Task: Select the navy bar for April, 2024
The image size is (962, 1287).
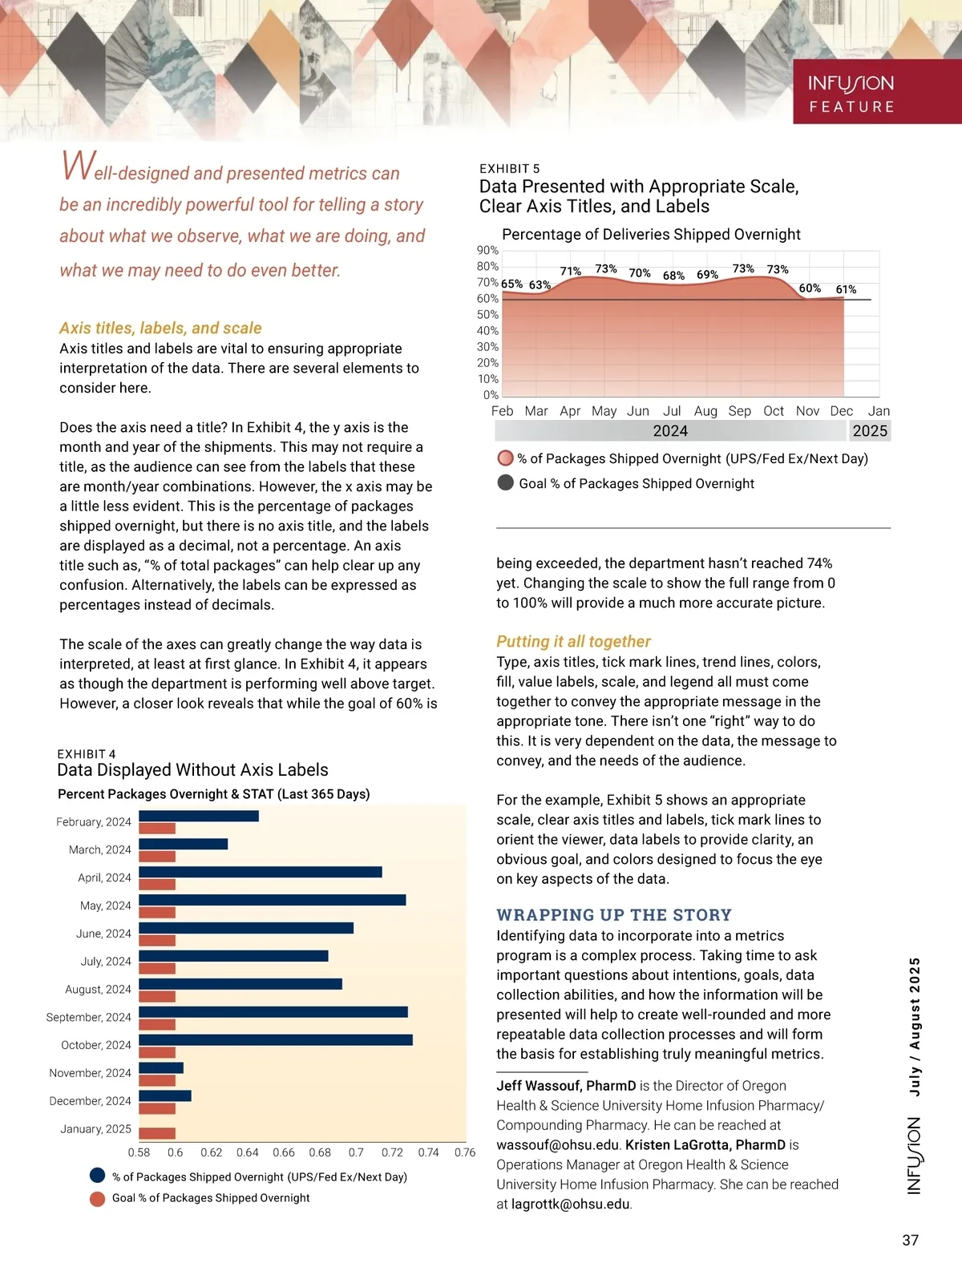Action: (261, 872)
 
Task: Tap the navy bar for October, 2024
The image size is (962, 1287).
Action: (276, 1039)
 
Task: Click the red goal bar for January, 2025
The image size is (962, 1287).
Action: (157, 1133)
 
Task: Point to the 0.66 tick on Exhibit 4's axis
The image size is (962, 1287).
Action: (284, 1152)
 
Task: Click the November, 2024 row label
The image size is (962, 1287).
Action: (90, 1073)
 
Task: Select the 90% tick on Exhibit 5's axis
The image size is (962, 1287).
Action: (487, 251)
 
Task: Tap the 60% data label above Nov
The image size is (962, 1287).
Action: (810, 288)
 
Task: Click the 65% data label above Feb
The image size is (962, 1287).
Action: (511, 284)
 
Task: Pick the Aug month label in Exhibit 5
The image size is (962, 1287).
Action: (705, 411)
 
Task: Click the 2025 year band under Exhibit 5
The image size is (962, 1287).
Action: (870, 431)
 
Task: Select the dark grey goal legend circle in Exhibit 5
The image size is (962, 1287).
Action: (505, 483)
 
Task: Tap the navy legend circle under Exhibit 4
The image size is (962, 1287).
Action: (98, 1176)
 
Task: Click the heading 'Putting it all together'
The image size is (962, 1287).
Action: (573, 641)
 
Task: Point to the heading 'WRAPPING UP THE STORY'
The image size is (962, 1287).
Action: (614, 915)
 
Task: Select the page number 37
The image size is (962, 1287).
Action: (910, 1241)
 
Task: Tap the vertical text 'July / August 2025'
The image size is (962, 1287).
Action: (915, 1027)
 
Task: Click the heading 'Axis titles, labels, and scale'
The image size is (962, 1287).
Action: (160, 328)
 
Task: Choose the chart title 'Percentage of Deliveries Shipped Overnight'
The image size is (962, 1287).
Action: (651, 234)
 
